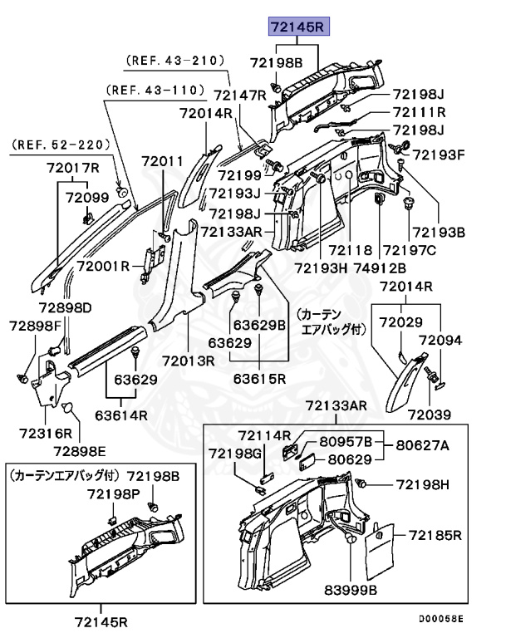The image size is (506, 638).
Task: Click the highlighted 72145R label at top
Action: (x=298, y=27)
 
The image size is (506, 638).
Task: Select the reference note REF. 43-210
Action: (x=175, y=61)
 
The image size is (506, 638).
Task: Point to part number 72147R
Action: (x=240, y=96)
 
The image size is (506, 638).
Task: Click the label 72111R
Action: (x=420, y=112)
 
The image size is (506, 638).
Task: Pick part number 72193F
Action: (x=440, y=154)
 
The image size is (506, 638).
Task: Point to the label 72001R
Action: (x=103, y=266)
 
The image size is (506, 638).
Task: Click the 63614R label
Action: (x=121, y=415)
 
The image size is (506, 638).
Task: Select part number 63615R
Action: (x=259, y=380)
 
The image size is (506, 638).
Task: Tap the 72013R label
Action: (x=189, y=361)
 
